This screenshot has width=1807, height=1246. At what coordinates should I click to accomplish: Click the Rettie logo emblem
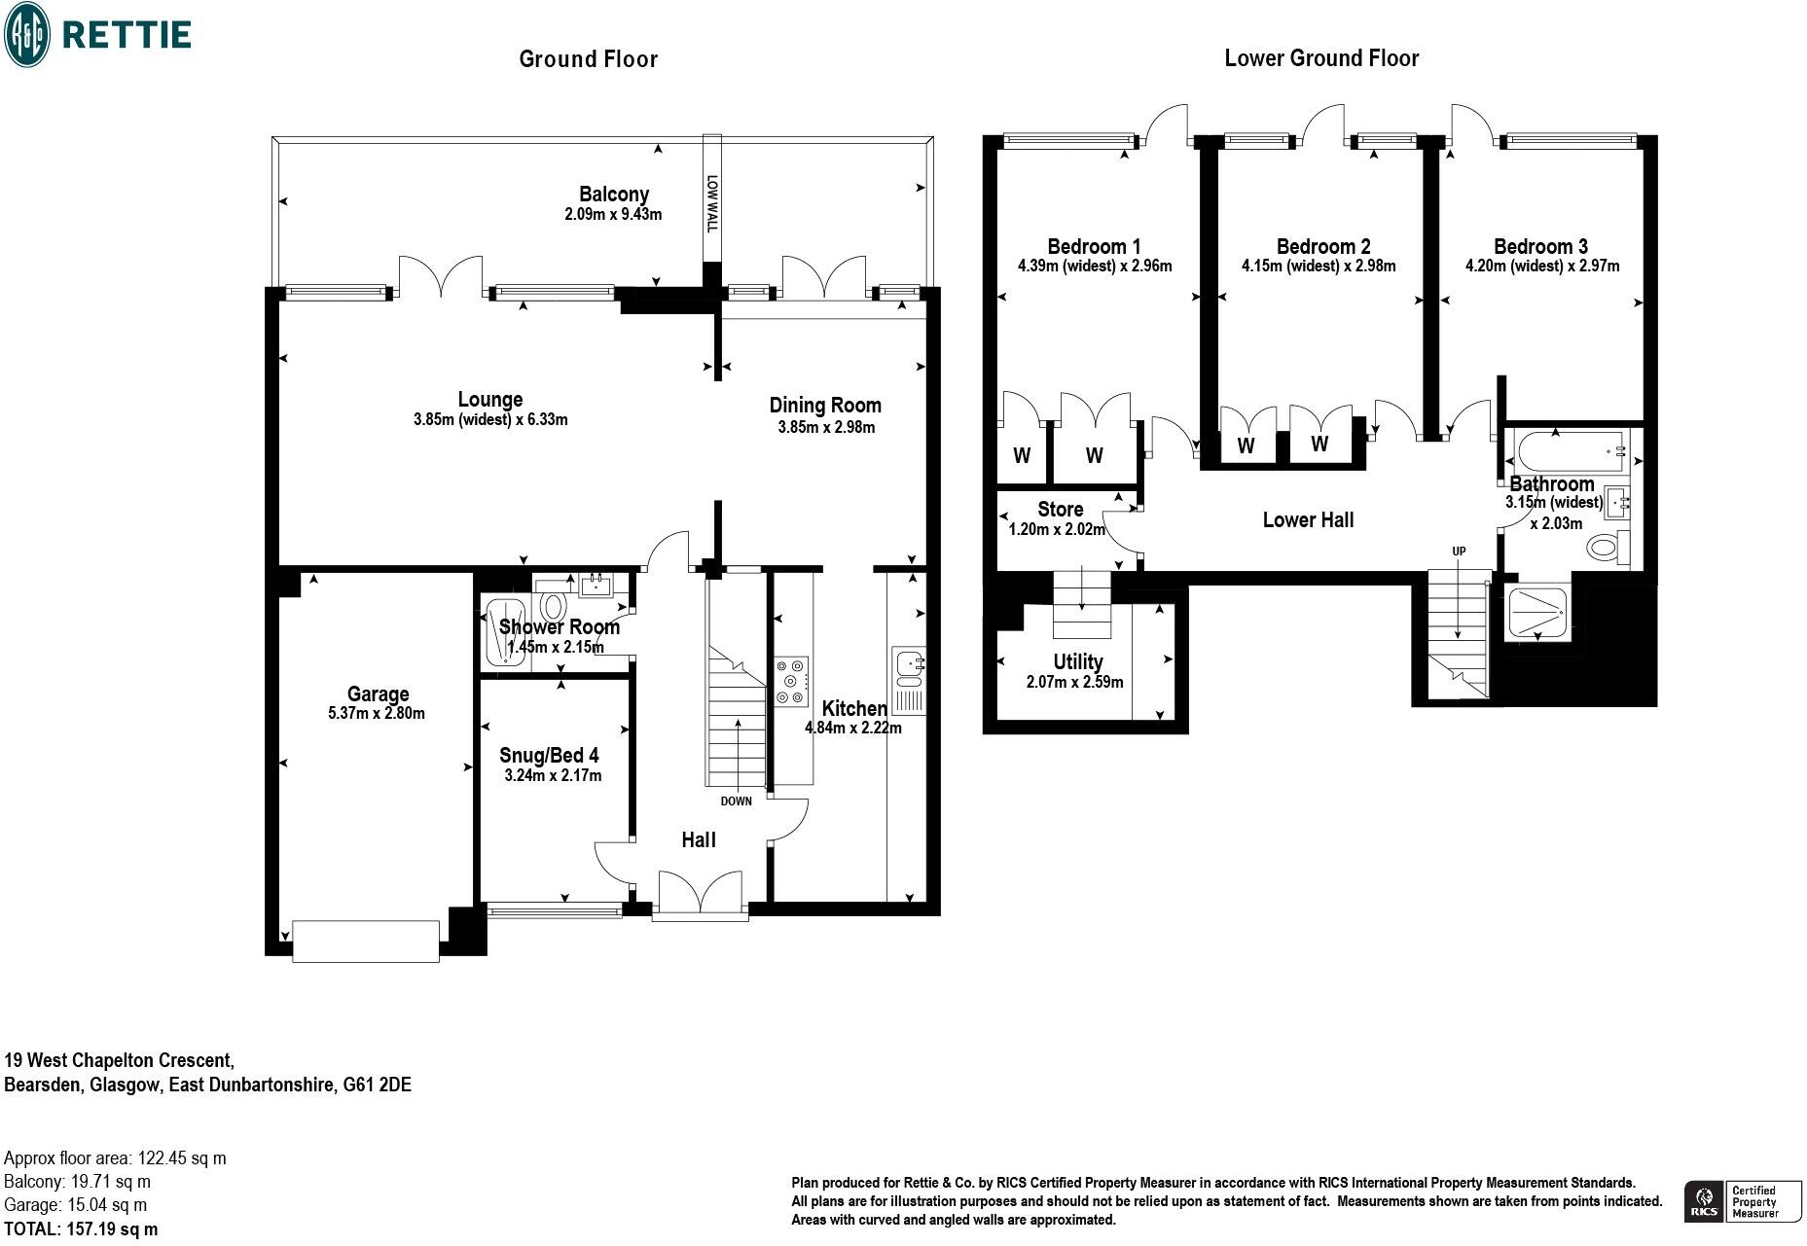[x=27, y=34]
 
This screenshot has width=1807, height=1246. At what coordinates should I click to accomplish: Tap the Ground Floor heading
[x=589, y=59]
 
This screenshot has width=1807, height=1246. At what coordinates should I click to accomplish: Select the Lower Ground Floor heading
[x=1321, y=58]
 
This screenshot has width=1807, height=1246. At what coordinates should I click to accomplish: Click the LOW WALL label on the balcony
[x=711, y=203]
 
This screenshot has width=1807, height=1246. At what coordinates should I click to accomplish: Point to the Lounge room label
[x=490, y=400]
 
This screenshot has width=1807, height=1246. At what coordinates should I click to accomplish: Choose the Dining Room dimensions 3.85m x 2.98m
[x=826, y=428]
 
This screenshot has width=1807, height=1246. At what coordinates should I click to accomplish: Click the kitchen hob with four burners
[x=791, y=681]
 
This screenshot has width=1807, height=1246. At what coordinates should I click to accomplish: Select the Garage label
[x=378, y=694]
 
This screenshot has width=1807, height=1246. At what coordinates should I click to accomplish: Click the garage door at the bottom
[x=366, y=941]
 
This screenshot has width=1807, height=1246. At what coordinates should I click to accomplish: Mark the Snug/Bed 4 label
[x=549, y=756]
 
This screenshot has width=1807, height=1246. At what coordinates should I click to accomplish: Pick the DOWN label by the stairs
[x=737, y=802]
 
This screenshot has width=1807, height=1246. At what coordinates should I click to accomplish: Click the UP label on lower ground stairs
[x=1459, y=552]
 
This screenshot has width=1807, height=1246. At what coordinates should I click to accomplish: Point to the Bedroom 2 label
[x=1323, y=247]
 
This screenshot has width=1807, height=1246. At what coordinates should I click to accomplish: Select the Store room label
[x=1061, y=510]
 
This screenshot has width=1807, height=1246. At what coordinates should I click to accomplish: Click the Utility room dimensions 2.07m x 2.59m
[x=1075, y=683]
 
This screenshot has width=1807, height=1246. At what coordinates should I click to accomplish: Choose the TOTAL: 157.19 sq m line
[x=81, y=1229]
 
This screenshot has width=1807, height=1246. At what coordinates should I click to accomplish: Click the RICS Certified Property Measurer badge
[x=1743, y=1202]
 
